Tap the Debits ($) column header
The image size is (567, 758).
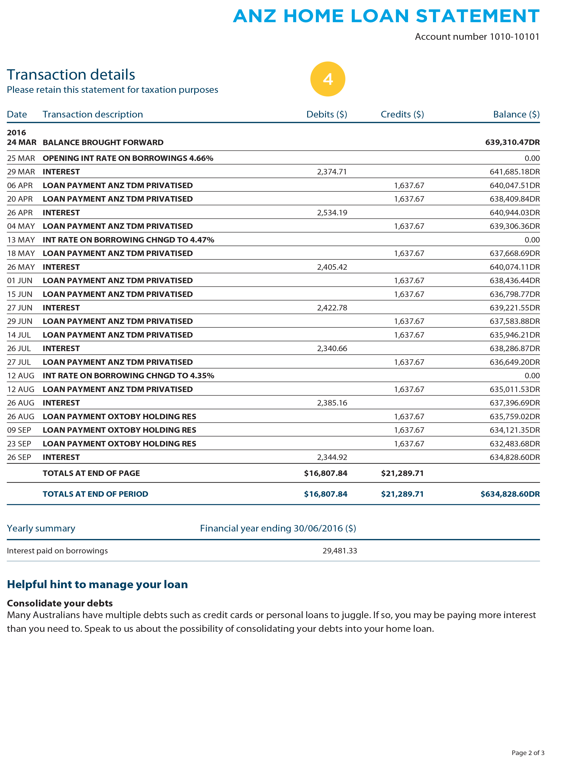coord(326,115)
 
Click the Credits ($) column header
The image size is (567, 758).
coord(402,115)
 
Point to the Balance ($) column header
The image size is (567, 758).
coord(516,115)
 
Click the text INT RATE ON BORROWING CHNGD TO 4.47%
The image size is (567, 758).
coord(128,240)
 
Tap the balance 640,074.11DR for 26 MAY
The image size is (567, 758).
coord(514,267)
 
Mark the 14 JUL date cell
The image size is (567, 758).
coord(19,335)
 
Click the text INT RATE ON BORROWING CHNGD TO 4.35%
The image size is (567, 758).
coord(128,376)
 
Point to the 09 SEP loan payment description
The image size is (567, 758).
coord(119,430)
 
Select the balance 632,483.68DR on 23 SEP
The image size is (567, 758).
coord(514,444)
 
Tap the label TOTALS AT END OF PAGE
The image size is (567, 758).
coord(91,473)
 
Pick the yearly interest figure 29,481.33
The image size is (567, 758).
coord(339,551)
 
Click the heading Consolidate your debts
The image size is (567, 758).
coord(60,603)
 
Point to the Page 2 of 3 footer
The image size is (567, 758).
coord(528,753)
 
